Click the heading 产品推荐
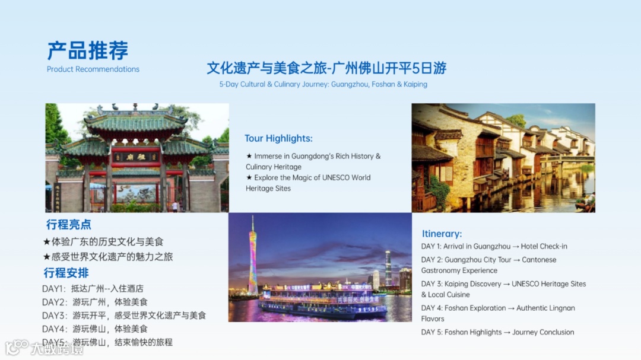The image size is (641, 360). coord(88,51)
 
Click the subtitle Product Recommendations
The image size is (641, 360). coord(93,69)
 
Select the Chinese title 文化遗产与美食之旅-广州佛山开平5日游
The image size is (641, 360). coord(326,68)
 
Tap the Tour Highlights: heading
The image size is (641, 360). coord(278,138)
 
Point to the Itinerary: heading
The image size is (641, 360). coord(442,234)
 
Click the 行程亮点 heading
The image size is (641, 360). coord(69,225)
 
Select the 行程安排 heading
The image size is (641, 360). coord(66,273)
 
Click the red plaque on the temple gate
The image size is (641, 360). coord(137,158)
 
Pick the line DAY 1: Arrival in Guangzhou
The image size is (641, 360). coord(494,246)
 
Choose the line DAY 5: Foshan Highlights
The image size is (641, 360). coord(497,332)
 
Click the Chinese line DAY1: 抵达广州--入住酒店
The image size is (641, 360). coord(93,289)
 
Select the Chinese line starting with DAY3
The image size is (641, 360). coord(124,316)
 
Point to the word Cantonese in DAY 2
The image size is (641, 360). coord(539,260)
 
